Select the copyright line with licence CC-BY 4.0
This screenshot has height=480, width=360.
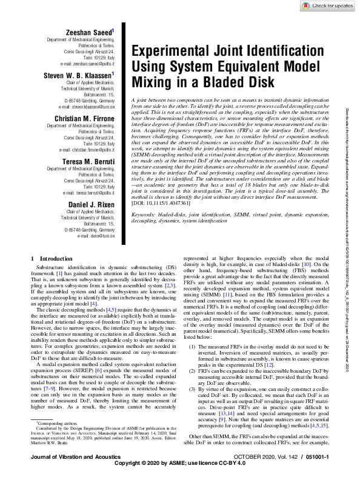pyautogui.click(x=180, y=472)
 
